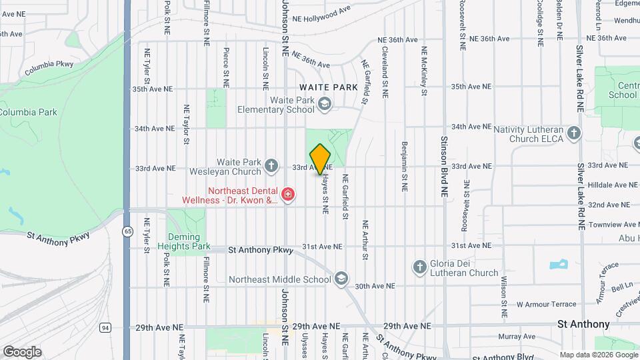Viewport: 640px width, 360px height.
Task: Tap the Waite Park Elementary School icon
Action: point(324,103)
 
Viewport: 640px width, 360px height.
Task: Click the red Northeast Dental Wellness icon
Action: point(288,194)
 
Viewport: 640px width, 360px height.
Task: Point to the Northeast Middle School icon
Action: point(341,278)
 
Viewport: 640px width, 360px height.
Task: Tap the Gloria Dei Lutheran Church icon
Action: point(420,267)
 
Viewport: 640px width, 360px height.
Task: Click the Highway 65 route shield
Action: point(127,231)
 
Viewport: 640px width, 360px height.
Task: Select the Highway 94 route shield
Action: point(105,327)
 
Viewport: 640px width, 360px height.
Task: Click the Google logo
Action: point(22,351)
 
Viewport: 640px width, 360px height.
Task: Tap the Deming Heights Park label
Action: point(184,241)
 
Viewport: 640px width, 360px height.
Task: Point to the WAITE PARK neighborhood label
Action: point(329,87)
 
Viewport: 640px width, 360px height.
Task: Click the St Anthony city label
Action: point(583,324)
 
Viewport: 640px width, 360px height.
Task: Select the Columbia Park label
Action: point(29,112)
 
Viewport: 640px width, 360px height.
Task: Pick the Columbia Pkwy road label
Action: point(49,69)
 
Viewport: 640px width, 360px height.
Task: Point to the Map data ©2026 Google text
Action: point(597,355)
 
